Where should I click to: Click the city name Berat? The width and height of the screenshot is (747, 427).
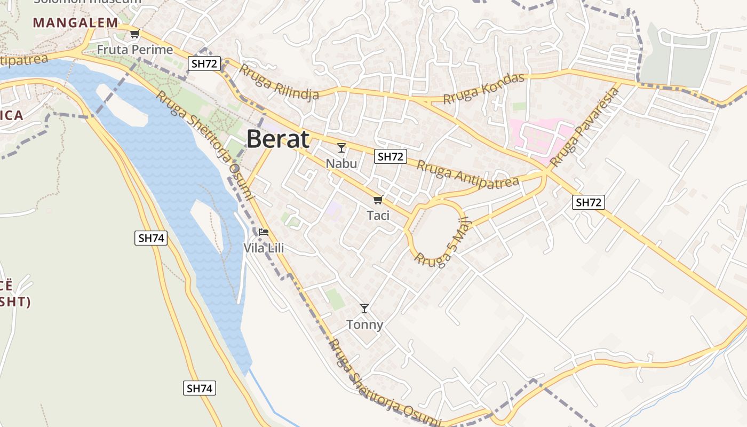click(278, 139)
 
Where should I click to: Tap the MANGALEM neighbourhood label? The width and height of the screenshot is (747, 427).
click(75, 23)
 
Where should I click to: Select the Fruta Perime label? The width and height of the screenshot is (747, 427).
click(135, 50)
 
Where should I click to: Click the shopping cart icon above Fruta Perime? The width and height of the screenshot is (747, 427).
click(134, 35)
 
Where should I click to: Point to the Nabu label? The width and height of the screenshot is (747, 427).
click(341, 163)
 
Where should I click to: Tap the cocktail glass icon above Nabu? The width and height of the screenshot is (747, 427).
click(341, 148)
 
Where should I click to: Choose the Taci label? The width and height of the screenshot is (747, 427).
click(378, 216)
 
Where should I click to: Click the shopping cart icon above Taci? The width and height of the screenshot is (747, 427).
click(378, 200)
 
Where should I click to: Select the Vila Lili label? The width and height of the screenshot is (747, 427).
click(264, 248)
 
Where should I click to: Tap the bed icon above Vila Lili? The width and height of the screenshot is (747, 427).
click(264, 232)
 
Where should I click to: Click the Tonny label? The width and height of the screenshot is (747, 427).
click(364, 325)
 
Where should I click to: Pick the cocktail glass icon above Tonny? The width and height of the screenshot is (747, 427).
click(364, 309)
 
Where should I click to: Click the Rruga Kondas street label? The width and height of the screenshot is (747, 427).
click(484, 89)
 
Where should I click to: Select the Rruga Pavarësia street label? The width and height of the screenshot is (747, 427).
click(585, 127)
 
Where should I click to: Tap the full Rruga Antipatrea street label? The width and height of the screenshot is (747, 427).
click(467, 174)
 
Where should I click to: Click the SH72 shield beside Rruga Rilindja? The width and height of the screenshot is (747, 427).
click(204, 64)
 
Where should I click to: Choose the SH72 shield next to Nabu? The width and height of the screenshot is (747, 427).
click(391, 156)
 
